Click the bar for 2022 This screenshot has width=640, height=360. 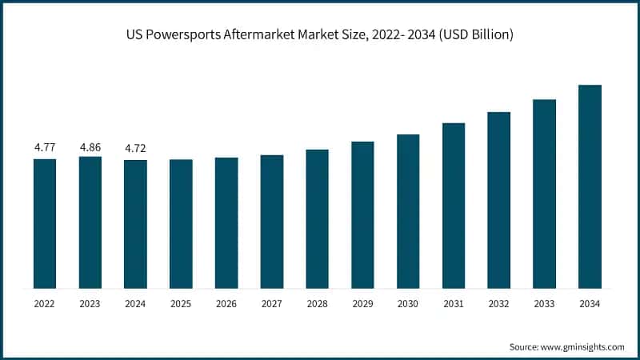[45, 223]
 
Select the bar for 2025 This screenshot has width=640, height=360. [181, 223]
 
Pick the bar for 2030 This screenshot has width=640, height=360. [408, 211]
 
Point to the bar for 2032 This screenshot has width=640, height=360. [498, 200]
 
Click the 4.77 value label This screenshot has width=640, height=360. [45, 148]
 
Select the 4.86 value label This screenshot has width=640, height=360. [90, 148]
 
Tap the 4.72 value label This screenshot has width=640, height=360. [135, 149]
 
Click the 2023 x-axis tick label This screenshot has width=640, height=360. [90, 303]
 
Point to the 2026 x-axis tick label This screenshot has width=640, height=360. [226, 303]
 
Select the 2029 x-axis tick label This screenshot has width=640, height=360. [362, 303]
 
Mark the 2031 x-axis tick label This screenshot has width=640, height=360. [454, 303]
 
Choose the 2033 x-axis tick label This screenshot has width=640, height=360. [544, 303]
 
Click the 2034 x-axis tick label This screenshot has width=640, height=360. [590, 303]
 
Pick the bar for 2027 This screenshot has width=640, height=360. [272, 222]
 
